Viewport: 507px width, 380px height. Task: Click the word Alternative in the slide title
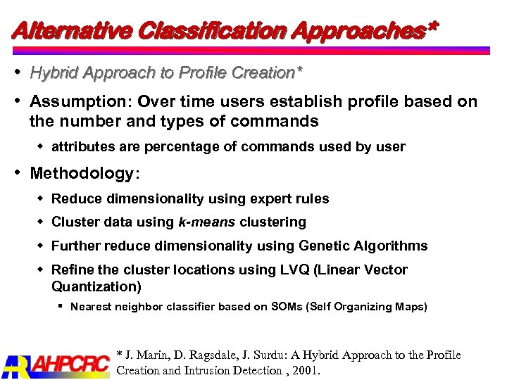pyautogui.click(x=70, y=31)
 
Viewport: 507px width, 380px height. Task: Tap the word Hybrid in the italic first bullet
pyautogui.click(x=55, y=72)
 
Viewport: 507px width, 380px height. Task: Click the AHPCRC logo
pyautogui.click(x=56, y=364)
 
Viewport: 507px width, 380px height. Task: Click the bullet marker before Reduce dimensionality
pyautogui.click(x=40, y=198)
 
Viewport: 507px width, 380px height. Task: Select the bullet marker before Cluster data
pyautogui.click(x=40, y=222)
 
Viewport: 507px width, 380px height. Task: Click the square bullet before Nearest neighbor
pyautogui.click(x=62, y=307)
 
